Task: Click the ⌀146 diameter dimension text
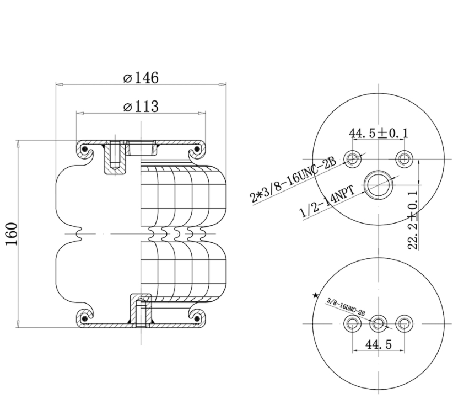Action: point(141,78)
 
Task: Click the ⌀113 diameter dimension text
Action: point(141,106)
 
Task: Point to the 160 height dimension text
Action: point(13,234)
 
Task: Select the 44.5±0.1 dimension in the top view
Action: point(378,134)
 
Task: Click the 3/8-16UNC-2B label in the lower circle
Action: point(346,307)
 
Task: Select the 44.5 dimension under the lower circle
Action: point(378,344)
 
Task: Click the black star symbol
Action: point(315,296)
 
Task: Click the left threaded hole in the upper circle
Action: point(352,159)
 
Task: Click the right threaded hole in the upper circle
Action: point(405,159)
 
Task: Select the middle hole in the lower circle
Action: point(378,322)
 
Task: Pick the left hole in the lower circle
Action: point(352,322)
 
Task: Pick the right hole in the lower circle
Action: point(405,322)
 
